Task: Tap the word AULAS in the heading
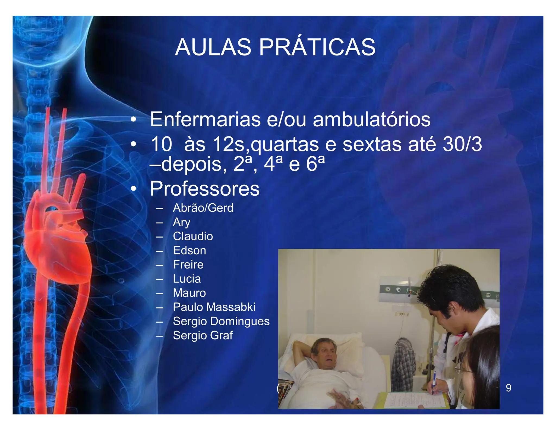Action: (213, 48)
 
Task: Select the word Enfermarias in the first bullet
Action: (205, 119)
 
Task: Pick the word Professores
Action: (205, 189)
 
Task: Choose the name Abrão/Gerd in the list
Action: (203, 208)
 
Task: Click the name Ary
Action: (182, 222)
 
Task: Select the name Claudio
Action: (193, 236)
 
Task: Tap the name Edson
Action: (189, 250)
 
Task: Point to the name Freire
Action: (188, 264)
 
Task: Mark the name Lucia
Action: (187, 279)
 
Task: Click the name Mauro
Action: (189, 293)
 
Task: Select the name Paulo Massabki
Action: (214, 307)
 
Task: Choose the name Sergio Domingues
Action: (221, 321)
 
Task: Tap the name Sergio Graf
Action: (203, 335)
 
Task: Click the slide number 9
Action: (508, 388)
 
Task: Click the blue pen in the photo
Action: (434, 382)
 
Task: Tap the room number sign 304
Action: (402, 314)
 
